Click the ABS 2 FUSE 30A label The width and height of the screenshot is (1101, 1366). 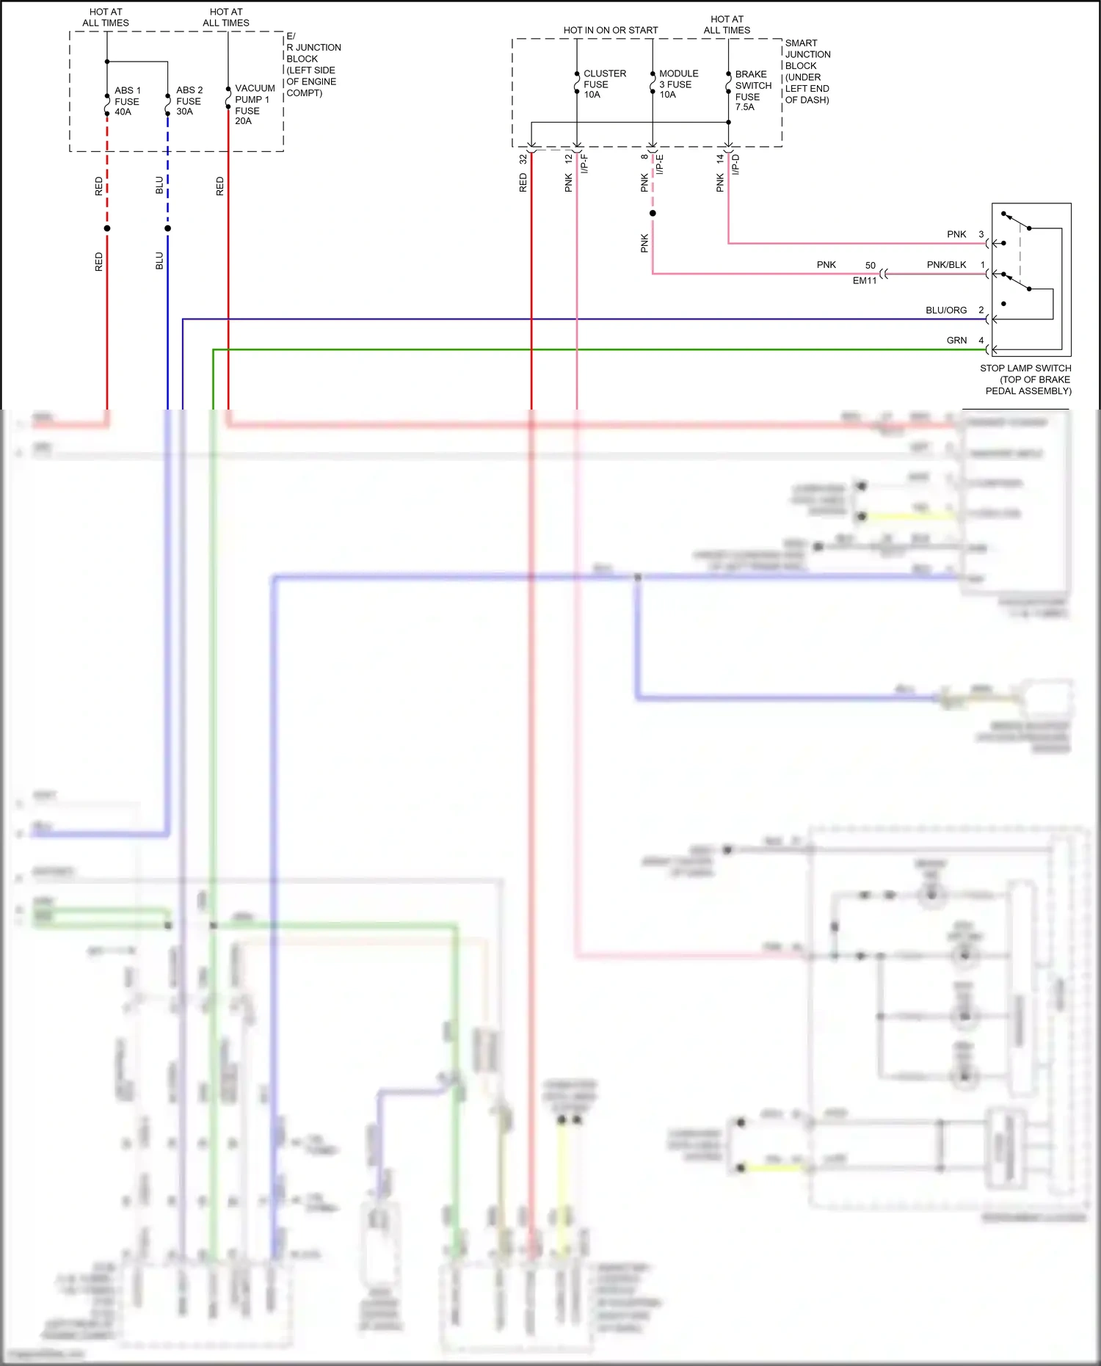click(x=189, y=101)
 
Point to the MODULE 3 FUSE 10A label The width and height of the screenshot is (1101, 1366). click(x=677, y=84)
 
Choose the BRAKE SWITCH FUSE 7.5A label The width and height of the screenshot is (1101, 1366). click(x=752, y=90)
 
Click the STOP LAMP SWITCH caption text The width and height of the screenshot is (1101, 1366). click(x=1026, y=379)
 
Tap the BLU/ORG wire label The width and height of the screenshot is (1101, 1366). click(x=945, y=310)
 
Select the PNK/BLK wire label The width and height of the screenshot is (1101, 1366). click(x=946, y=265)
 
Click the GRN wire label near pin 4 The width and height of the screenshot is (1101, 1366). click(x=956, y=341)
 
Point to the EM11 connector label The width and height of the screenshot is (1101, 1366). click(x=865, y=280)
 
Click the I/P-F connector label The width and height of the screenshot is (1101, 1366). click(x=584, y=164)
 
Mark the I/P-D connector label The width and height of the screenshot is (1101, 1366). click(x=735, y=164)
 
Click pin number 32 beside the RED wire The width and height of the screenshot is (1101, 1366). click(x=523, y=159)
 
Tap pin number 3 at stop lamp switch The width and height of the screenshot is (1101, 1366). click(x=981, y=235)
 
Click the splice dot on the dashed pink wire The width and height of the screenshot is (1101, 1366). click(x=653, y=214)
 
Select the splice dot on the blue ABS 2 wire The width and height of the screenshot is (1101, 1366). click(x=168, y=228)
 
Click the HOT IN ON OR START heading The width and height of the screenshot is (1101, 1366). click(x=610, y=30)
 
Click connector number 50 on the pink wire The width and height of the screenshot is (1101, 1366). click(x=870, y=266)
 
